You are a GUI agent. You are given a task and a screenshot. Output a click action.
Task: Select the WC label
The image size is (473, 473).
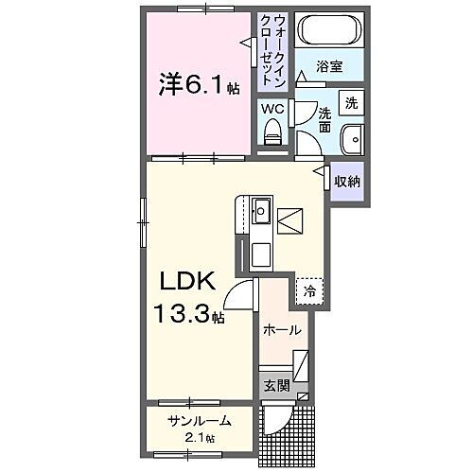pyautogui.click(x=272, y=109)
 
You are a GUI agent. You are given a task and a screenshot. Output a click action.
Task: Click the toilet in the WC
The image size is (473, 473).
pyautogui.click(x=273, y=135)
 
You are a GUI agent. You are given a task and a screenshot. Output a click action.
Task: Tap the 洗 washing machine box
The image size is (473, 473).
pyautogui.click(x=350, y=101)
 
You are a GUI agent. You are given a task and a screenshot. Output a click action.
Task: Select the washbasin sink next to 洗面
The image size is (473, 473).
pyautogui.click(x=353, y=138)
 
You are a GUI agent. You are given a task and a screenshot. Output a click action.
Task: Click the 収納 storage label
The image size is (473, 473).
pyautogui.click(x=346, y=180)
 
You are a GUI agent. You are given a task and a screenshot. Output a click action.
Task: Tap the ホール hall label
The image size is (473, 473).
pyautogui.click(x=283, y=330)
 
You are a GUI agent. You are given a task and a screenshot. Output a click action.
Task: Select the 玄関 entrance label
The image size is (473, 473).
pyautogui.click(x=275, y=385)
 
